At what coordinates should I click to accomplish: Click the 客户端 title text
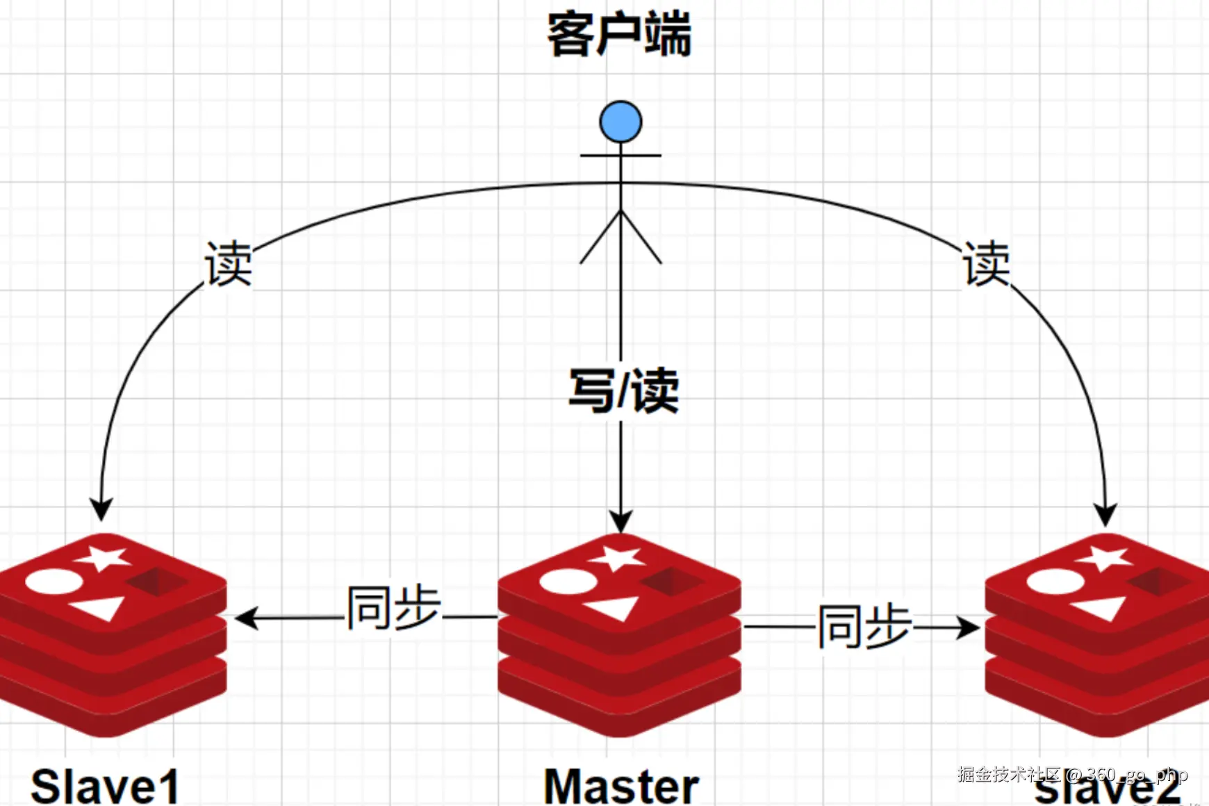click(619, 35)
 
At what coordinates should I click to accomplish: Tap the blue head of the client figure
click(620, 122)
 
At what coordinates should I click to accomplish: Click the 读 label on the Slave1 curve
click(229, 264)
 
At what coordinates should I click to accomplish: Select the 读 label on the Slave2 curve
click(986, 264)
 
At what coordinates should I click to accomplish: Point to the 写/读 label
click(623, 391)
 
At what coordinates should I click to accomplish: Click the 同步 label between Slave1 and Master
click(394, 608)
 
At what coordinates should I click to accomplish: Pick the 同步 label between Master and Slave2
click(864, 627)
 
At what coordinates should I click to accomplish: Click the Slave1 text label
click(105, 786)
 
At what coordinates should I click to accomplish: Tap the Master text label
click(621, 786)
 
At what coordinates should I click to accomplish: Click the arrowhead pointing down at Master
click(620, 521)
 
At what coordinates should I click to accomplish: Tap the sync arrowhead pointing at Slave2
click(969, 627)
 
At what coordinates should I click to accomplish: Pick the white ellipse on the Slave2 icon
click(1055, 581)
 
